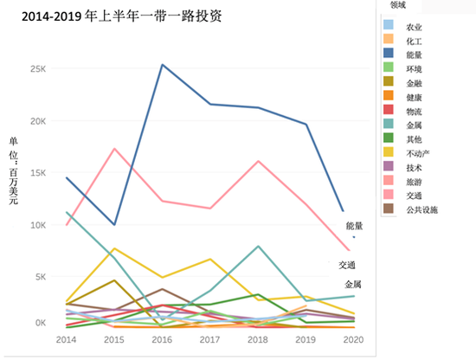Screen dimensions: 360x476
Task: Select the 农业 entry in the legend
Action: click(x=416, y=27)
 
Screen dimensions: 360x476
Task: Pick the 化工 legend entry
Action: click(x=416, y=40)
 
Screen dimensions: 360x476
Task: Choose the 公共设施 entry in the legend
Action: click(x=423, y=209)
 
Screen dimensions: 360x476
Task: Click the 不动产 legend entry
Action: click(x=420, y=152)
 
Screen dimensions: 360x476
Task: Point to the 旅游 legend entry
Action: click(x=416, y=180)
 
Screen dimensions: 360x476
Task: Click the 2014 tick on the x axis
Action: click(x=66, y=341)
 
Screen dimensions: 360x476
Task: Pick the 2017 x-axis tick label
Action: click(x=210, y=341)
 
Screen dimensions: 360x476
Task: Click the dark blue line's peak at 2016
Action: click(x=162, y=65)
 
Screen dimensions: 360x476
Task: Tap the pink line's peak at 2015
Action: click(x=114, y=149)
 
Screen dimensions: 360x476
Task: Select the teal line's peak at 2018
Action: click(x=258, y=247)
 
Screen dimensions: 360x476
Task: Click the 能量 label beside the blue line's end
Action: click(x=355, y=226)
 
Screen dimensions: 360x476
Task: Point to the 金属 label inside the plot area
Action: click(x=353, y=284)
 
